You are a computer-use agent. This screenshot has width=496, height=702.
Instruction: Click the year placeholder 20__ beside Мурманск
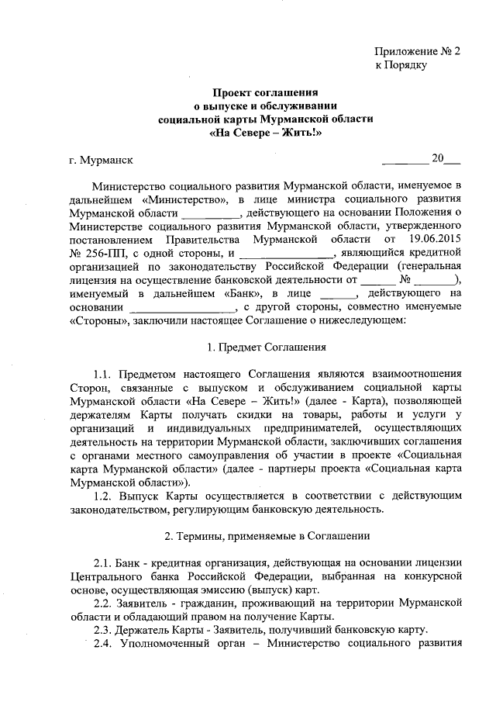click(446, 160)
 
